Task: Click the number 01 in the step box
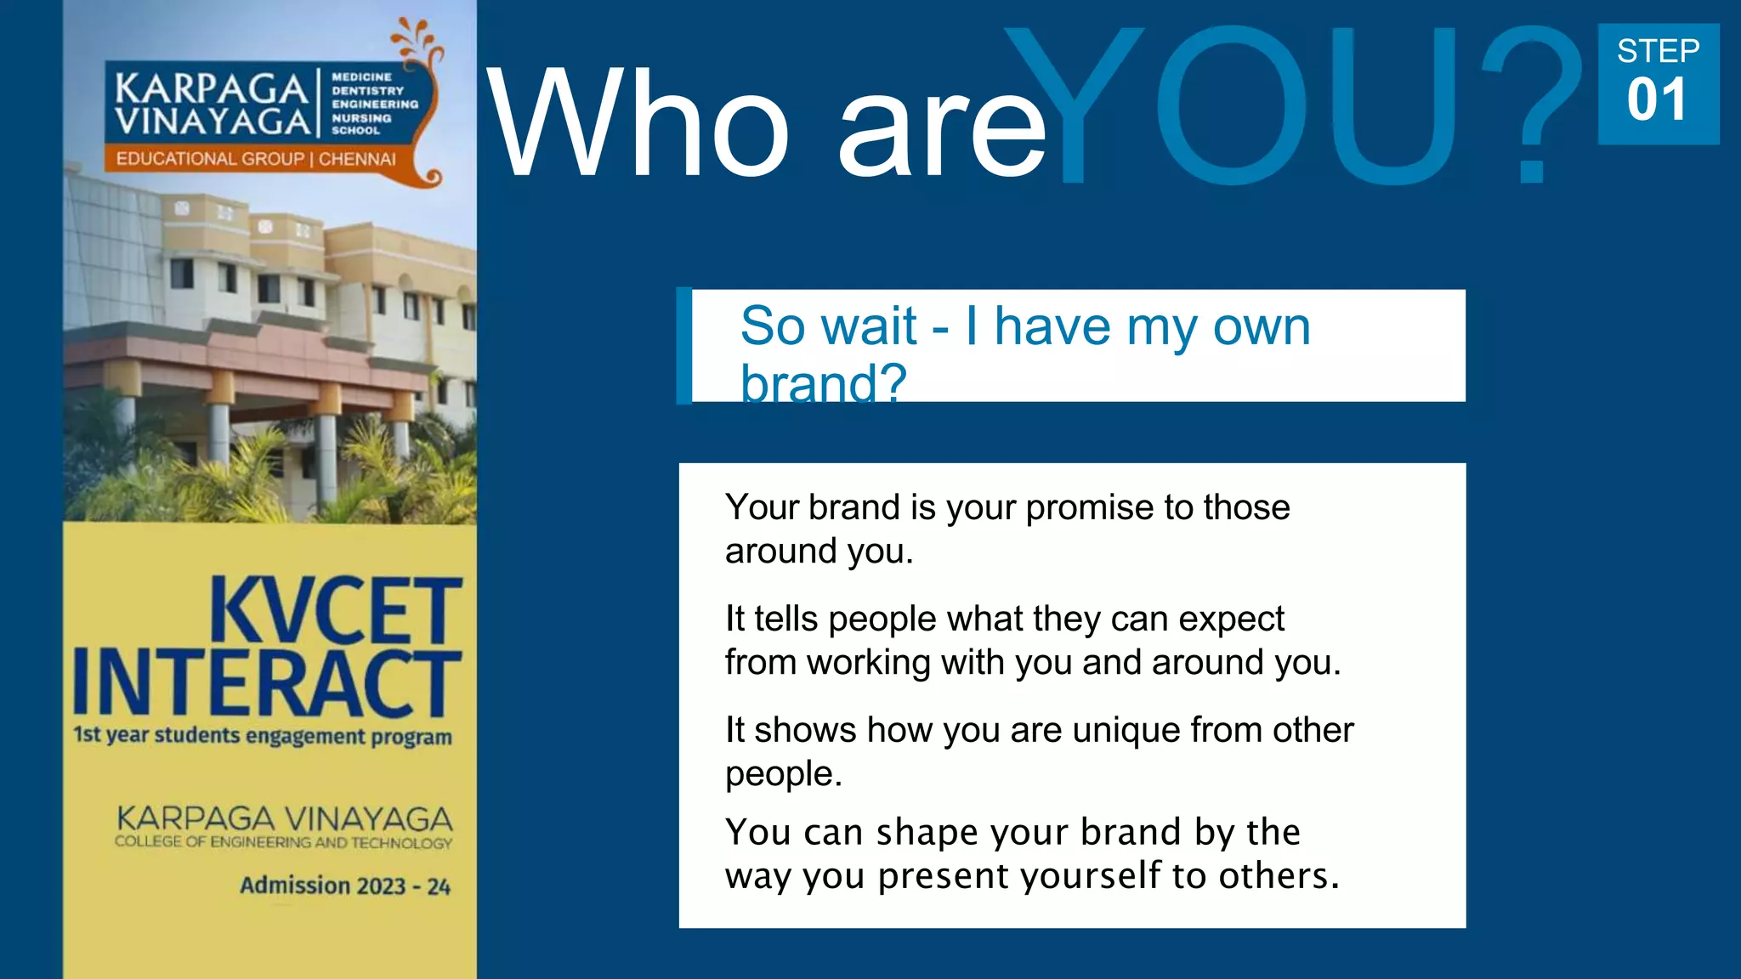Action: pos(1657,100)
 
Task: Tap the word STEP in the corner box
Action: pos(1658,51)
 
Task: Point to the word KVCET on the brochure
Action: pos(336,610)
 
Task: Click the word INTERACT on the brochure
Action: pos(267,683)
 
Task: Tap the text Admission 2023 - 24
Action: pos(345,886)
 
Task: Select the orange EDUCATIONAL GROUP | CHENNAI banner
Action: pos(256,159)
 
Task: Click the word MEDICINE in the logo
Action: pos(361,76)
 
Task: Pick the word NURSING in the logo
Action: pos(361,118)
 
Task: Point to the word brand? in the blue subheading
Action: pos(823,383)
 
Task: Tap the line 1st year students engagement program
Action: pos(263,735)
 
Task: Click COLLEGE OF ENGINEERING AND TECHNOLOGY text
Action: pos(284,842)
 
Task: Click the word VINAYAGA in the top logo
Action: pos(213,122)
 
